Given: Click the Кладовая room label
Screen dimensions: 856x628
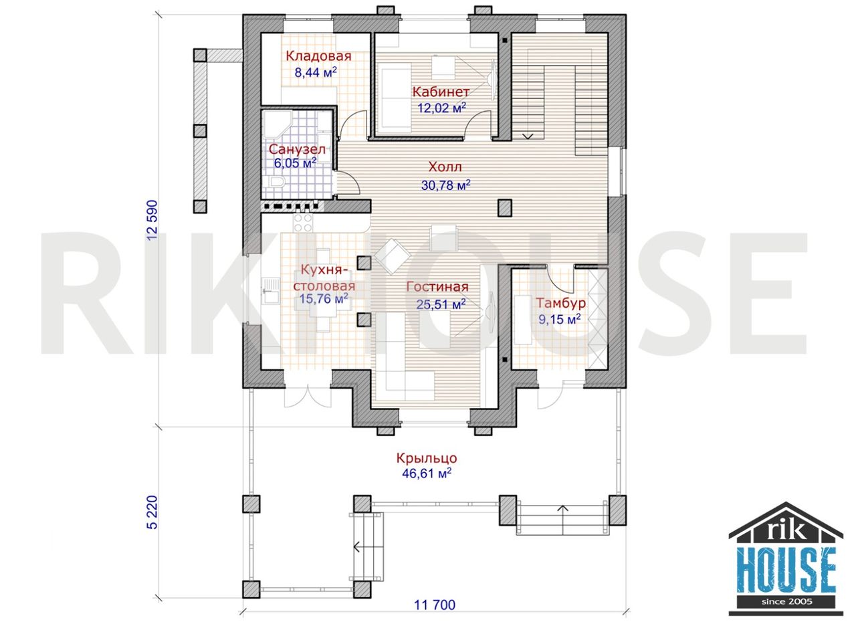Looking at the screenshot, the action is [x=318, y=56].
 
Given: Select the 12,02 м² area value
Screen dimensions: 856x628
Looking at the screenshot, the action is [x=442, y=108].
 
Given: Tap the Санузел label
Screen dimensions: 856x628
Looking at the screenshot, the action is [x=297, y=149].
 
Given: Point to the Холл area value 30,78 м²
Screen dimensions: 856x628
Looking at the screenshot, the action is [x=445, y=185].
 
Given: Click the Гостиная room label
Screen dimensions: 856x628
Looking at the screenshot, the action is [x=437, y=287].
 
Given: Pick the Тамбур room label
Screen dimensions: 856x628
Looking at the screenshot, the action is [x=560, y=303].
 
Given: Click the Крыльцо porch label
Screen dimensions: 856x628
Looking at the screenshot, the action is [x=427, y=458].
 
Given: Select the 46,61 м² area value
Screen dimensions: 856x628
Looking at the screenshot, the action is [x=427, y=474].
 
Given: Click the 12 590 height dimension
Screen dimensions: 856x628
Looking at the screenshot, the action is [x=152, y=220].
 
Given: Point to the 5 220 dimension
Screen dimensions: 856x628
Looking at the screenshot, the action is [x=152, y=512].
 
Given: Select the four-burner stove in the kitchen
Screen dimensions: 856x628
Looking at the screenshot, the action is [x=303, y=223].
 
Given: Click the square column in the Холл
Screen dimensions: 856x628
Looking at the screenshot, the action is [x=504, y=208].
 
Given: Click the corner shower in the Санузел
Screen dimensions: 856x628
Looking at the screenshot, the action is [x=276, y=124].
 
